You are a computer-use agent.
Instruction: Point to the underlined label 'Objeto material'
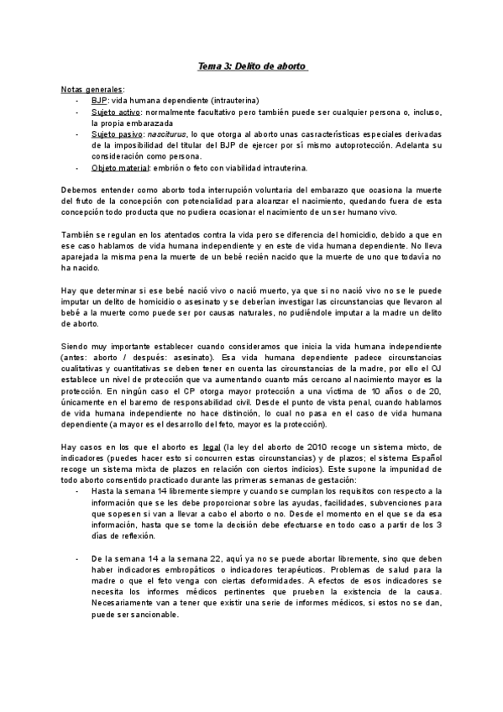[120, 166]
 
